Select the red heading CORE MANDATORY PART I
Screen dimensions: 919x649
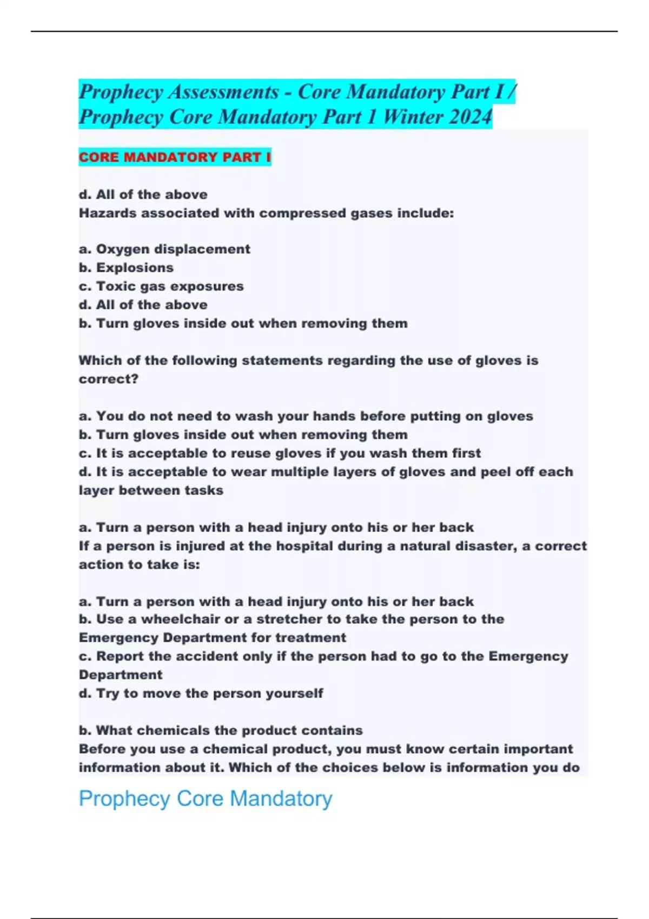click(175, 157)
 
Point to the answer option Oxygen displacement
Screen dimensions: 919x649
click(164, 249)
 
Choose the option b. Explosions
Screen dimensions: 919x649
click(126, 268)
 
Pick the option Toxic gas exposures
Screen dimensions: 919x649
click(161, 286)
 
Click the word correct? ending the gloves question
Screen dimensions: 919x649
click(109, 379)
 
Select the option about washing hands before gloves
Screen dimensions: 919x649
click(306, 416)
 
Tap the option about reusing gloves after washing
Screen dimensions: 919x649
click(280, 453)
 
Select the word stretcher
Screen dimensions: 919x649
click(289, 619)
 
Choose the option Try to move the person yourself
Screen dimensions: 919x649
click(201, 693)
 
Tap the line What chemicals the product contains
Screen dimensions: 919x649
click(221, 730)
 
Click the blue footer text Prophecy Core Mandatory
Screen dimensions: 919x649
click(206, 798)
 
